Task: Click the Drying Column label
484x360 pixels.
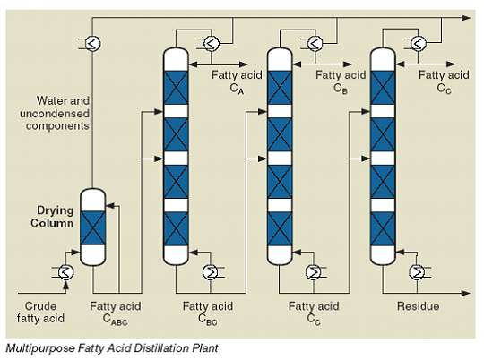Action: [x=52, y=217]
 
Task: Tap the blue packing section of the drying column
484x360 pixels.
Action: [x=92, y=228]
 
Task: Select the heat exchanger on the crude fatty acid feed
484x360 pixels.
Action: [x=65, y=272]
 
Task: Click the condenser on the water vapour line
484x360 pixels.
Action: [x=92, y=44]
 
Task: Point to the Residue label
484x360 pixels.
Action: [x=418, y=306]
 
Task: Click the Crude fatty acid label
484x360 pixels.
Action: [x=40, y=312]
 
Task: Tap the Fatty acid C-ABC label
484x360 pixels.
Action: [x=116, y=313]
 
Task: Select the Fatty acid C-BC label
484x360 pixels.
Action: [x=208, y=313]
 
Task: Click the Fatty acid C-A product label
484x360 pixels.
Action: [x=237, y=81]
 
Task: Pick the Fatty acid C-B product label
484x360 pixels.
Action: [x=341, y=81]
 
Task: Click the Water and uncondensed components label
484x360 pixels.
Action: [x=55, y=113]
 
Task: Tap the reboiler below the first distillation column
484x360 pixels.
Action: [x=211, y=272]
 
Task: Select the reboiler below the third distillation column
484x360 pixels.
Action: [x=417, y=272]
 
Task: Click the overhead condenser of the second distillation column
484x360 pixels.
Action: [x=315, y=44]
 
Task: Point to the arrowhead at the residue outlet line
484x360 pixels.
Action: [x=466, y=293]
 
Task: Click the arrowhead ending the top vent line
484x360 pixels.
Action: [x=466, y=18]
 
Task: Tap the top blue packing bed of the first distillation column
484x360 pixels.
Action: [x=176, y=88]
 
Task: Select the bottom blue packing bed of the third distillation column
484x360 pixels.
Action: [x=383, y=228]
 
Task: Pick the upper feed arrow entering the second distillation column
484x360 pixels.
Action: [x=256, y=112]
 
